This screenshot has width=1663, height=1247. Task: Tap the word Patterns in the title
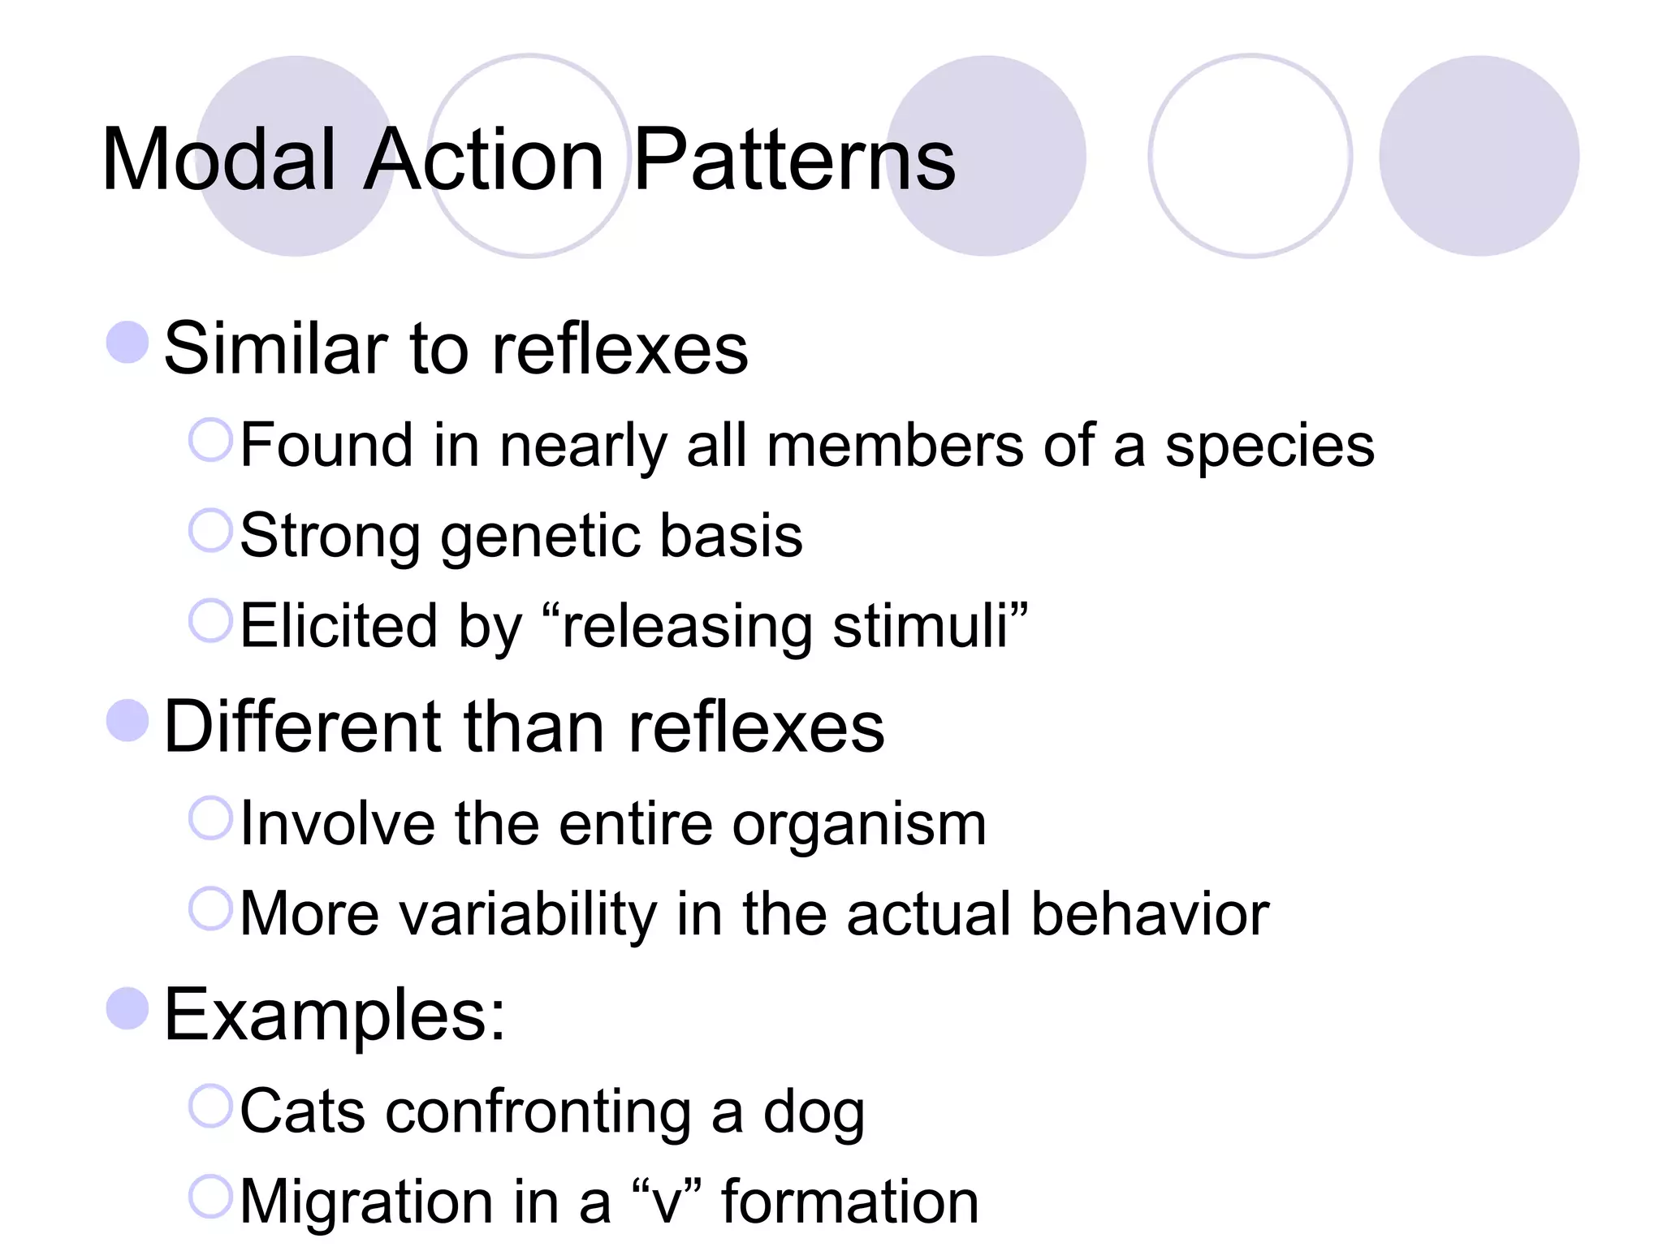(794, 160)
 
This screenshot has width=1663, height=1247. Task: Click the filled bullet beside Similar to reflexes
(127, 342)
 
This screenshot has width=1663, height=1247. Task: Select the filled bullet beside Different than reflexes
(127, 720)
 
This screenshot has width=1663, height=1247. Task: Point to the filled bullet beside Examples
(127, 1008)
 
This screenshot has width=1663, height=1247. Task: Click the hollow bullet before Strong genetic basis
(210, 530)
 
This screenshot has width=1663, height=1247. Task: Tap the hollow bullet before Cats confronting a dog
(210, 1106)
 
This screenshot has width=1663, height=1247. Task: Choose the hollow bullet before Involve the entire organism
(210, 818)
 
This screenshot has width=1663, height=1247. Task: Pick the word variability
(529, 915)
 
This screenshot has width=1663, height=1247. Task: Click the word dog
(814, 1113)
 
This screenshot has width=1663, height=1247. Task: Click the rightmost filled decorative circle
(1479, 156)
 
